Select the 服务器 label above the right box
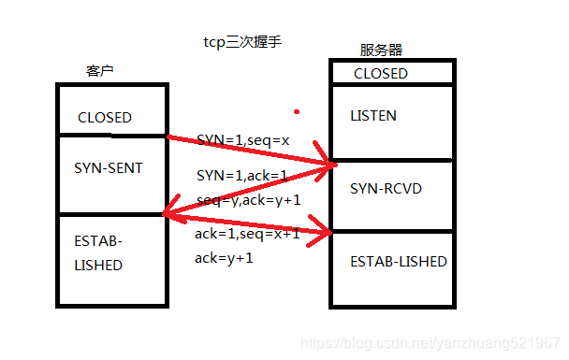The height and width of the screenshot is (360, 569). (381, 50)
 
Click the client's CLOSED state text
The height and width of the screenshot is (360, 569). (105, 118)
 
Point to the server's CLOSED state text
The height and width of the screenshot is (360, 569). (381, 73)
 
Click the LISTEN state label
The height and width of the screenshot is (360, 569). (373, 116)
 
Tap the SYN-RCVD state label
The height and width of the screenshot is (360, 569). (387, 189)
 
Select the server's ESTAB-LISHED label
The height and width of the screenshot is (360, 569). (399, 261)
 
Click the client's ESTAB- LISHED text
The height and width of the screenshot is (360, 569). (98, 252)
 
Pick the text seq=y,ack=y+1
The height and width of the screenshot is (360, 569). (249, 199)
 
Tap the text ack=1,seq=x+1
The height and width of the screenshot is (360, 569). (247, 234)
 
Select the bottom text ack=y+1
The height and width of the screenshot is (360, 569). (224, 258)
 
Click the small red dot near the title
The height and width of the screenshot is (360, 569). (297, 111)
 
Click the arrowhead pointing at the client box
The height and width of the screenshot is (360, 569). (168, 214)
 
